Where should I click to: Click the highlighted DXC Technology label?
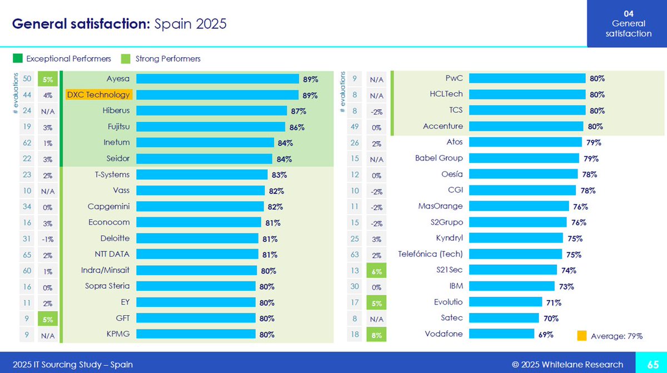click(98, 95)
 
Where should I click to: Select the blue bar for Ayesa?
click(217, 79)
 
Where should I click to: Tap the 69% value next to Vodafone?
click(545, 335)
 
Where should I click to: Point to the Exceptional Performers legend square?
click(17, 58)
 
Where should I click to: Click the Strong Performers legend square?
click(126, 58)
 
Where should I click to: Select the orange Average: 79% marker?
click(582, 336)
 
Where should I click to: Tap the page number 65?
click(653, 364)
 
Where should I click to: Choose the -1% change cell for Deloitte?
click(48, 239)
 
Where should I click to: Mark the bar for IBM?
click(512, 286)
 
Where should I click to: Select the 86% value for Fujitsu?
click(297, 127)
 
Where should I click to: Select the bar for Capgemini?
click(200, 207)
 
